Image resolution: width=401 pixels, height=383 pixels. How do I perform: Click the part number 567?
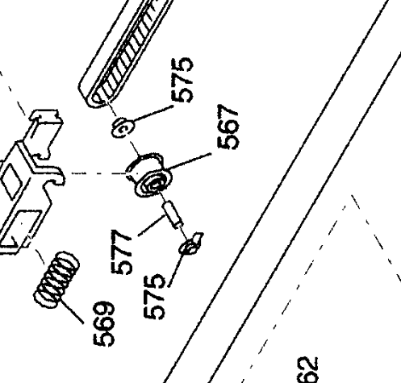click(228, 127)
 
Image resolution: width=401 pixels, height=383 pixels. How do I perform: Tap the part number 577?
click(122, 252)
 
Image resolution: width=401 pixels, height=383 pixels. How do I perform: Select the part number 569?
click(104, 323)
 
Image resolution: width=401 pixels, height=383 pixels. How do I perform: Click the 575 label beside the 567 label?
click(182, 81)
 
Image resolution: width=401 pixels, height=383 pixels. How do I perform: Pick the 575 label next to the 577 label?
click(154, 297)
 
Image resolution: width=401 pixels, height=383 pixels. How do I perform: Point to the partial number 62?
click(308, 370)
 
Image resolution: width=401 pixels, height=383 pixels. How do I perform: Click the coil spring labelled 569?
click(56, 280)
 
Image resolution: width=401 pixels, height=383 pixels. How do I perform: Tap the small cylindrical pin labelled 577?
click(173, 214)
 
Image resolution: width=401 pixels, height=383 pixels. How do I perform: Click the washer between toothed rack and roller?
click(123, 127)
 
